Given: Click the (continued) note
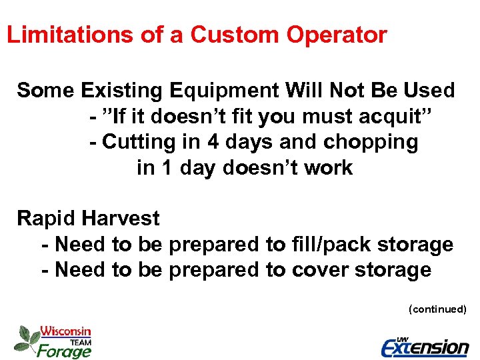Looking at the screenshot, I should click(x=437, y=309).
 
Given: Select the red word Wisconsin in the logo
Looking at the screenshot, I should click(x=65, y=331).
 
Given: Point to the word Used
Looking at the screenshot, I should click(x=427, y=91).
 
